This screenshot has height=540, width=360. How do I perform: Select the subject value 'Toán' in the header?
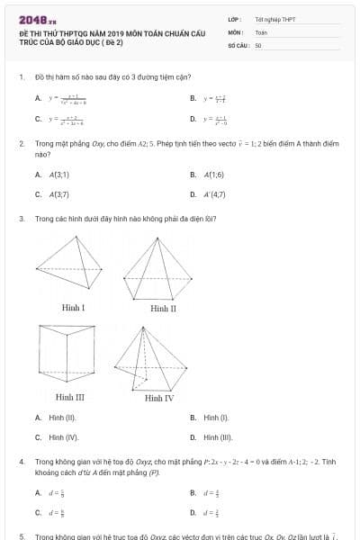262,31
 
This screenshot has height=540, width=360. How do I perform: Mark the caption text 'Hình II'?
163,308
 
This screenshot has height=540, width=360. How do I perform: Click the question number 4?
21,462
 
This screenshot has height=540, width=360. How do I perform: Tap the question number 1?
21,77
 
